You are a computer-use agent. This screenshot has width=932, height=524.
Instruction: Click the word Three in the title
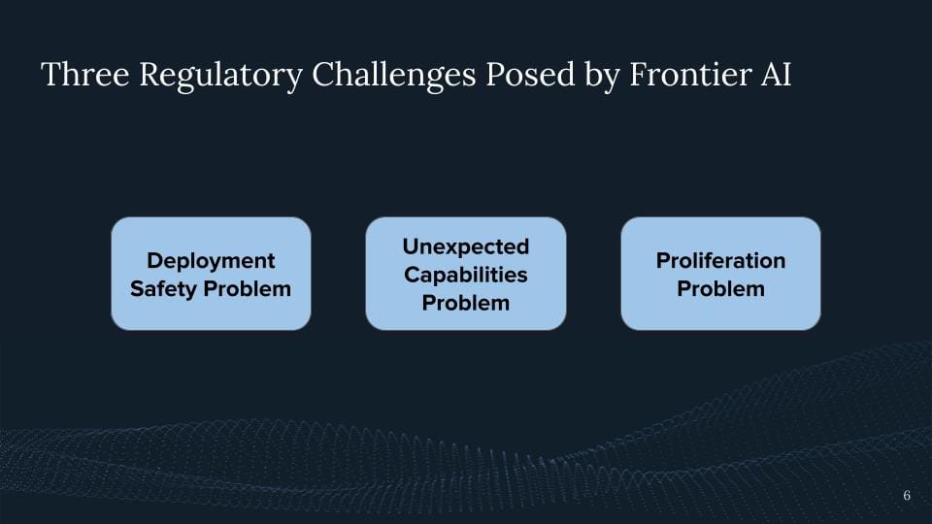click(85, 75)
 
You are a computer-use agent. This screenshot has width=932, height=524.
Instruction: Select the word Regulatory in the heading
click(221, 76)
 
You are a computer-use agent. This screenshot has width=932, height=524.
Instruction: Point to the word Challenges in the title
click(394, 76)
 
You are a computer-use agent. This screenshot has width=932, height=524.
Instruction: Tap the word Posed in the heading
click(531, 75)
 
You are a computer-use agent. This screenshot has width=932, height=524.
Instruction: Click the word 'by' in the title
click(603, 76)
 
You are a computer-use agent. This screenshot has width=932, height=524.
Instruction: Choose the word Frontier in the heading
click(690, 75)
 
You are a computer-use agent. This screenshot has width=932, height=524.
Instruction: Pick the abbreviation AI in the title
click(776, 75)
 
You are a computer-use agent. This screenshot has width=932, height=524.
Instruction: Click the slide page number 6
click(907, 495)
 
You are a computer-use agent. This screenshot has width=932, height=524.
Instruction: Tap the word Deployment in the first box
click(211, 261)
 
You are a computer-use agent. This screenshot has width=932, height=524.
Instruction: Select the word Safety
click(163, 289)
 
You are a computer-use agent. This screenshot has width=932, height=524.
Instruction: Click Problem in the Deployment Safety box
click(248, 289)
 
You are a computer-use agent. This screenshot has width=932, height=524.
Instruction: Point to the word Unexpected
click(466, 247)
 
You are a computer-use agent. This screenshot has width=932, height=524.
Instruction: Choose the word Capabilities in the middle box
click(466, 275)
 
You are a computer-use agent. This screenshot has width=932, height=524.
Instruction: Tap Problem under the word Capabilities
click(466, 303)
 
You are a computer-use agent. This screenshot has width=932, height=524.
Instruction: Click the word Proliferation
click(721, 260)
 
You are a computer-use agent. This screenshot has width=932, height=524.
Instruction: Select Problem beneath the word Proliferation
click(721, 289)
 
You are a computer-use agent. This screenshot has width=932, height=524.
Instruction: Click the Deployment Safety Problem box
click(211, 274)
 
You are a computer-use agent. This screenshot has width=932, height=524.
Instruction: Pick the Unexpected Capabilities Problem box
click(466, 274)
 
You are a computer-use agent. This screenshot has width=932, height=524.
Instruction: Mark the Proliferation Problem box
click(721, 274)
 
